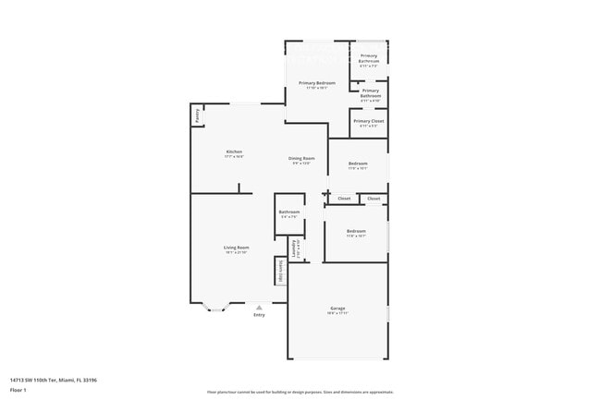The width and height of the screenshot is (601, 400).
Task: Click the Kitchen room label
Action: pos(234,152)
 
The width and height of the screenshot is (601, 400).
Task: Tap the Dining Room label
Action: pos(303,158)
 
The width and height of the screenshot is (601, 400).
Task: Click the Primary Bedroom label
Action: pos(316,83)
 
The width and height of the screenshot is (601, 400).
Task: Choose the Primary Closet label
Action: pos(368,121)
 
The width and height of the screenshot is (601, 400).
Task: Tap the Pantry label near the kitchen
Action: pos(197,115)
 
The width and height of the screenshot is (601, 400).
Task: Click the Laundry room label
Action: pos(295,248)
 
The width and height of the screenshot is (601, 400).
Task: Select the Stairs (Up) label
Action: pos(279,271)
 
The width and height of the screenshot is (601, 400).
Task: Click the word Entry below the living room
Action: pos(259,315)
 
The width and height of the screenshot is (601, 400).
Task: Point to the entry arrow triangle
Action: pos(259,308)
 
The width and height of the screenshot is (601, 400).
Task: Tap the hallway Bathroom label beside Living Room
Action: pos(289,212)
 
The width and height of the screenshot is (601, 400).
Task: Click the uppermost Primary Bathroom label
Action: pos(368,57)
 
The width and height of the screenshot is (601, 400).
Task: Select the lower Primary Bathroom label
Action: pos(370,92)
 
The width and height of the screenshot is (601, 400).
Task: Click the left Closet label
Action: pos(343,199)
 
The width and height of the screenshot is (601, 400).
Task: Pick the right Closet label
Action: pos(374,199)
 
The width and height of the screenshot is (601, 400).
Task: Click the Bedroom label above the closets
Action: pos(358,164)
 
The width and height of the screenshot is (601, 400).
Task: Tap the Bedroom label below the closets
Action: pos(356,231)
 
